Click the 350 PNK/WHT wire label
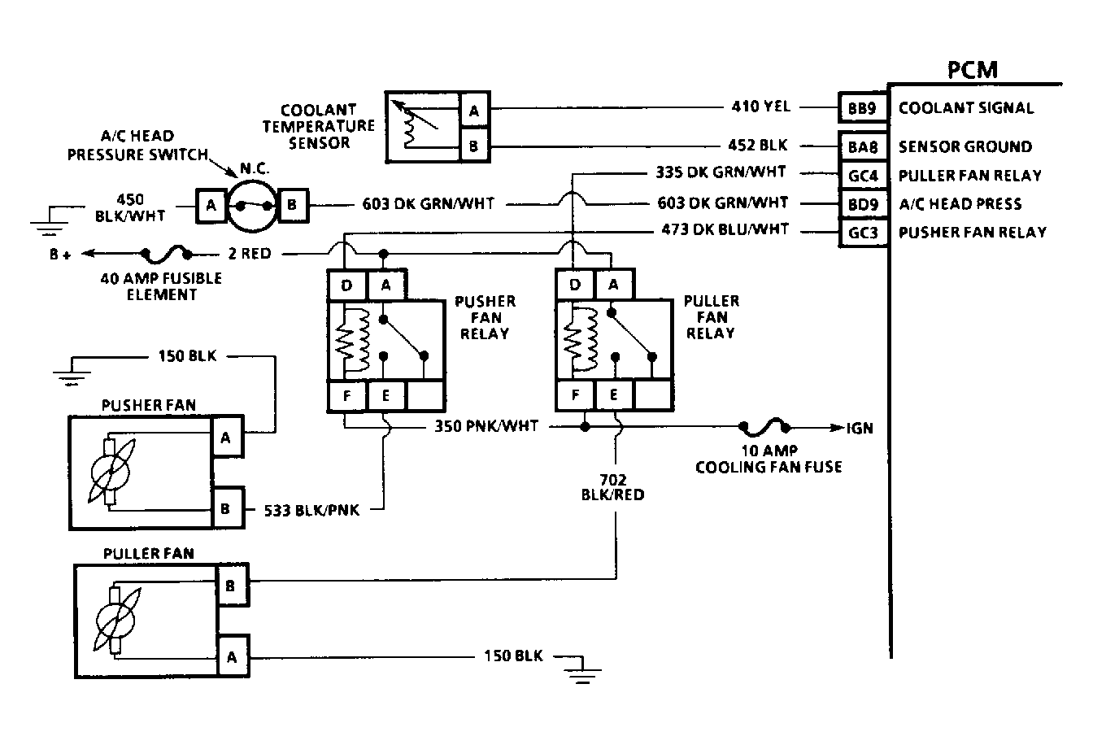click(486, 426)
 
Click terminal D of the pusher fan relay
click(347, 285)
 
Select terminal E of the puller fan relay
click(615, 396)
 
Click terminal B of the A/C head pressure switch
click(291, 206)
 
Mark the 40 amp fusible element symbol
click(168, 254)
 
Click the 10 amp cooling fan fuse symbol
click(764, 426)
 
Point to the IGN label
click(860, 427)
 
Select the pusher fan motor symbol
click(111, 473)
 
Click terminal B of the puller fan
click(230, 586)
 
